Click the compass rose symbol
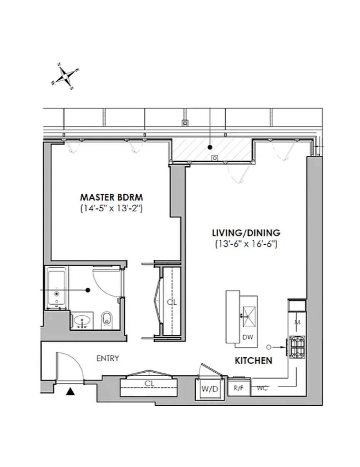click(x=65, y=77)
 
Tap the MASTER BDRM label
click(x=111, y=197)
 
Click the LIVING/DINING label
click(x=246, y=233)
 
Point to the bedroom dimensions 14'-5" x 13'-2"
click(x=111, y=208)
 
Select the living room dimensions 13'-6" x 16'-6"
click(x=246, y=244)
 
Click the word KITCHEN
click(x=253, y=361)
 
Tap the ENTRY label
click(x=107, y=358)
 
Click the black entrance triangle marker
click(x=70, y=392)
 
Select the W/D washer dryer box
click(x=210, y=389)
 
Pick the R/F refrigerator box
click(x=239, y=387)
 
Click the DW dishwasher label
click(x=247, y=337)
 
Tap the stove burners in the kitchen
click(x=297, y=347)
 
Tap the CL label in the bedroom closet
click(x=172, y=302)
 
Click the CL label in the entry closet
click(x=149, y=384)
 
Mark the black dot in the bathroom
click(x=88, y=290)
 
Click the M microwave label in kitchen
click(x=297, y=322)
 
